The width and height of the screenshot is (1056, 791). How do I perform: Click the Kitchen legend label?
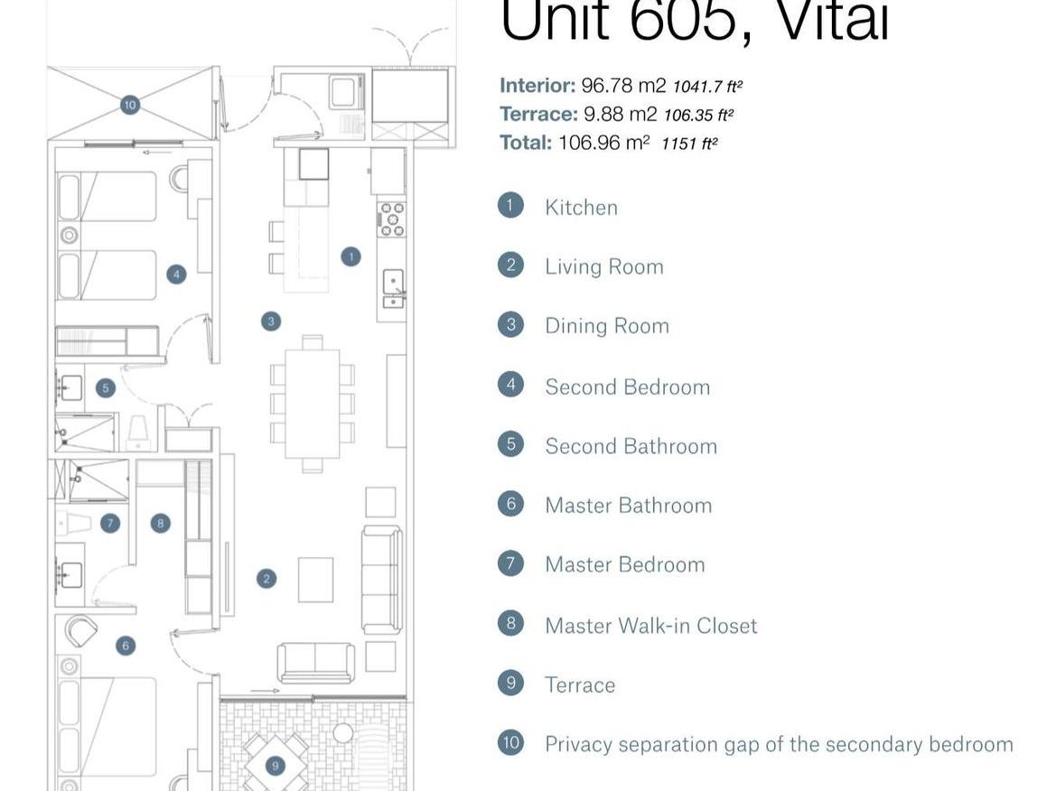click(581, 208)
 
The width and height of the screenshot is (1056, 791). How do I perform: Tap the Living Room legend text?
click(603, 266)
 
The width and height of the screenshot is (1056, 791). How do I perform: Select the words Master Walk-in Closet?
click(650, 626)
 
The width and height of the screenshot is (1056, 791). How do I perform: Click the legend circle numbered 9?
click(510, 683)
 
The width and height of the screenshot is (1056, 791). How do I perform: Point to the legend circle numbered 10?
click(510, 742)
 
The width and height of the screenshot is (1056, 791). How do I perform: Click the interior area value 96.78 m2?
click(623, 86)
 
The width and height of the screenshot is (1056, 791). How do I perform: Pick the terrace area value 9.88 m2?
click(620, 115)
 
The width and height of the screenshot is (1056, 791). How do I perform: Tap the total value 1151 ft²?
click(689, 144)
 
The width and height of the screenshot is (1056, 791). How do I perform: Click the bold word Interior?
click(537, 86)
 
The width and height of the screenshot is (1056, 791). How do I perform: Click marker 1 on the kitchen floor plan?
click(350, 256)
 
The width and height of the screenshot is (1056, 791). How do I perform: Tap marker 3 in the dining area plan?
click(270, 321)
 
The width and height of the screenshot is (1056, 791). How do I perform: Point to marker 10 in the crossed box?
click(129, 105)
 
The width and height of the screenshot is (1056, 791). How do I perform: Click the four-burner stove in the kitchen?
click(392, 219)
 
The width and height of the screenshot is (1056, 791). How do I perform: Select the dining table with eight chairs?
click(313, 403)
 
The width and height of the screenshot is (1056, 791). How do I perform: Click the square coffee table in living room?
click(315, 580)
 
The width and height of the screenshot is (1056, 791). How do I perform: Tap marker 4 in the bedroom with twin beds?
click(176, 274)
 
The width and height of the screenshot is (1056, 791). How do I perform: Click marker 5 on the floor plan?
click(106, 388)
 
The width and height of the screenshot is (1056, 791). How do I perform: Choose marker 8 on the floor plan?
click(160, 523)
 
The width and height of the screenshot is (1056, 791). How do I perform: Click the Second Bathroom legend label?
click(631, 446)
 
